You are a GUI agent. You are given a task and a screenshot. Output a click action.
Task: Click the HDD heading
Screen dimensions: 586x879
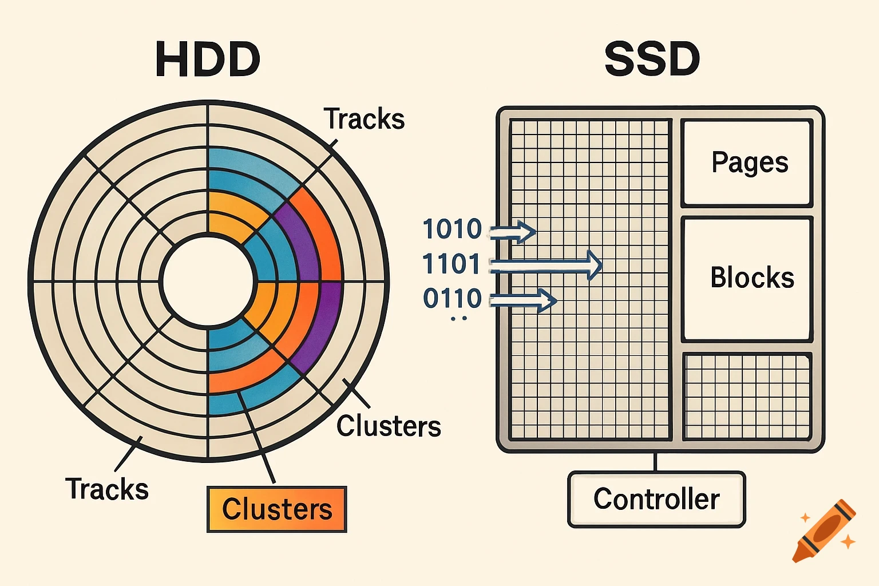pyautogui.click(x=208, y=60)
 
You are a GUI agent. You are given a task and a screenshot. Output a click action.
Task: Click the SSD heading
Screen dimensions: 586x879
pyautogui.click(x=652, y=60)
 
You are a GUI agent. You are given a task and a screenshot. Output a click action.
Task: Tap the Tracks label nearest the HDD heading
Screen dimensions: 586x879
pyautogui.click(x=365, y=119)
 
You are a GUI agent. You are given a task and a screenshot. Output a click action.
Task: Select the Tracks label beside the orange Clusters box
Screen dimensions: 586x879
pyautogui.click(x=107, y=489)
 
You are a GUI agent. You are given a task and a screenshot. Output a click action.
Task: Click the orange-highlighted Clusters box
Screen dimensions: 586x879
pyautogui.click(x=277, y=509)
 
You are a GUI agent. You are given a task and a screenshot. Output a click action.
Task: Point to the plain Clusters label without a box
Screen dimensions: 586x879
pyautogui.click(x=389, y=426)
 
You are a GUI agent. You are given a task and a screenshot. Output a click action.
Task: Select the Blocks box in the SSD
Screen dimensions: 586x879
pyautogui.click(x=748, y=279)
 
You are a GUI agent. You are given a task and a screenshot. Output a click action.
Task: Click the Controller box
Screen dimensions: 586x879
pyautogui.click(x=656, y=499)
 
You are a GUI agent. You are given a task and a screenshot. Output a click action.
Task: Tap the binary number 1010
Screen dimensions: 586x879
pyautogui.click(x=452, y=229)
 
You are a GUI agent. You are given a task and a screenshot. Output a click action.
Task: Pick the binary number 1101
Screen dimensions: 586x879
pyautogui.click(x=452, y=264)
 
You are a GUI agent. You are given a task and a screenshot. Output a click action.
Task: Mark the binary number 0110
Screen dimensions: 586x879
pyautogui.click(x=452, y=298)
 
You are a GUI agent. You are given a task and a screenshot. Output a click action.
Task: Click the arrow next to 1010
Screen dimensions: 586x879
pyautogui.click(x=513, y=232)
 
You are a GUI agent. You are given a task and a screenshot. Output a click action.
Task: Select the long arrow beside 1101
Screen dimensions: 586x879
pyautogui.click(x=547, y=265)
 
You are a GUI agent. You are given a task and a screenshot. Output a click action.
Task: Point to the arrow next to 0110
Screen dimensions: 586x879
pyautogui.click(x=524, y=300)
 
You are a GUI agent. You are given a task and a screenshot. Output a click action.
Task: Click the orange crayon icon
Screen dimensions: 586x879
pyautogui.click(x=824, y=531)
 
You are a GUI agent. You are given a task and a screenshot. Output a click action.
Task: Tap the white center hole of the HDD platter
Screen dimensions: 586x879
pyautogui.click(x=208, y=282)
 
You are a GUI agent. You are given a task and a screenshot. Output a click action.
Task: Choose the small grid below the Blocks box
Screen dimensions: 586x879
pyautogui.click(x=748, y=397)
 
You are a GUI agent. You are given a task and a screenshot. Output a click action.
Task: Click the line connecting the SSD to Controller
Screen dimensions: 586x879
pyautogui.click(x=656, y=462)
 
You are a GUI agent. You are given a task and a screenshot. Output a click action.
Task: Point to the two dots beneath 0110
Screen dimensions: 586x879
pyautogui.click(x=459, y=318)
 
